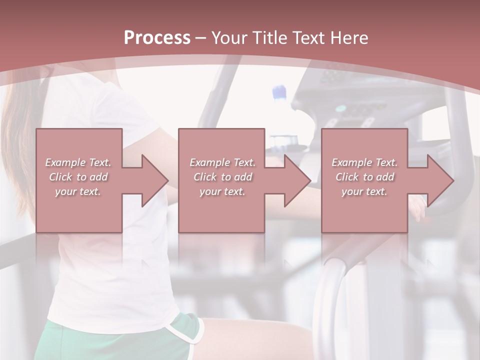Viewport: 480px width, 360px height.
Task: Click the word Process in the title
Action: point(157,37)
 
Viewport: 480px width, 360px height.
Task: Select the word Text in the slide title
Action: point(308,37)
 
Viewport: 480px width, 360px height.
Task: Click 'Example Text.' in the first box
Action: point(78,162)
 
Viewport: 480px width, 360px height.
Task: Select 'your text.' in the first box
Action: point(78,191)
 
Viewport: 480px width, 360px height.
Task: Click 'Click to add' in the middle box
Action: point(222,177)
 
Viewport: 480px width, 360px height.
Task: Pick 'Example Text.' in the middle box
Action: point(222,162)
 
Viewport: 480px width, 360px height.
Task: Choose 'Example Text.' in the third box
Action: point(364,162)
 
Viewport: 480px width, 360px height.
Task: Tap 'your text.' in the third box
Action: point(364,191)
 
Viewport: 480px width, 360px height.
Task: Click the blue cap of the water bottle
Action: point(279,92)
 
